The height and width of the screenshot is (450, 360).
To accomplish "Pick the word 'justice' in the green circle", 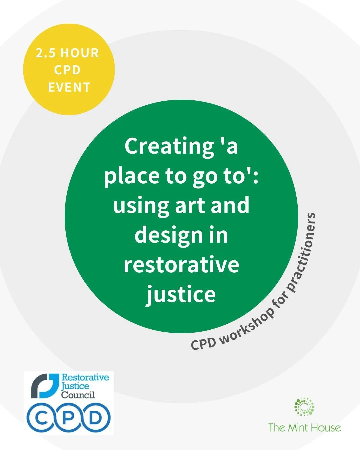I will pos(181,294).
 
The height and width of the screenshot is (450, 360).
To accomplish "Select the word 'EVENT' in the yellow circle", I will pos(69,87).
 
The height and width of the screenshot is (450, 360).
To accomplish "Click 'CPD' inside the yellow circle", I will pos(68,70).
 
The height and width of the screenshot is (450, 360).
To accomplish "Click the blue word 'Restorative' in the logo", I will pos(85,378).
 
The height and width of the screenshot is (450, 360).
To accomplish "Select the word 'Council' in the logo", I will pos(78,395).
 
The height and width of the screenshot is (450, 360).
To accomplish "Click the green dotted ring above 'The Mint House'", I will pos(304,407).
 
